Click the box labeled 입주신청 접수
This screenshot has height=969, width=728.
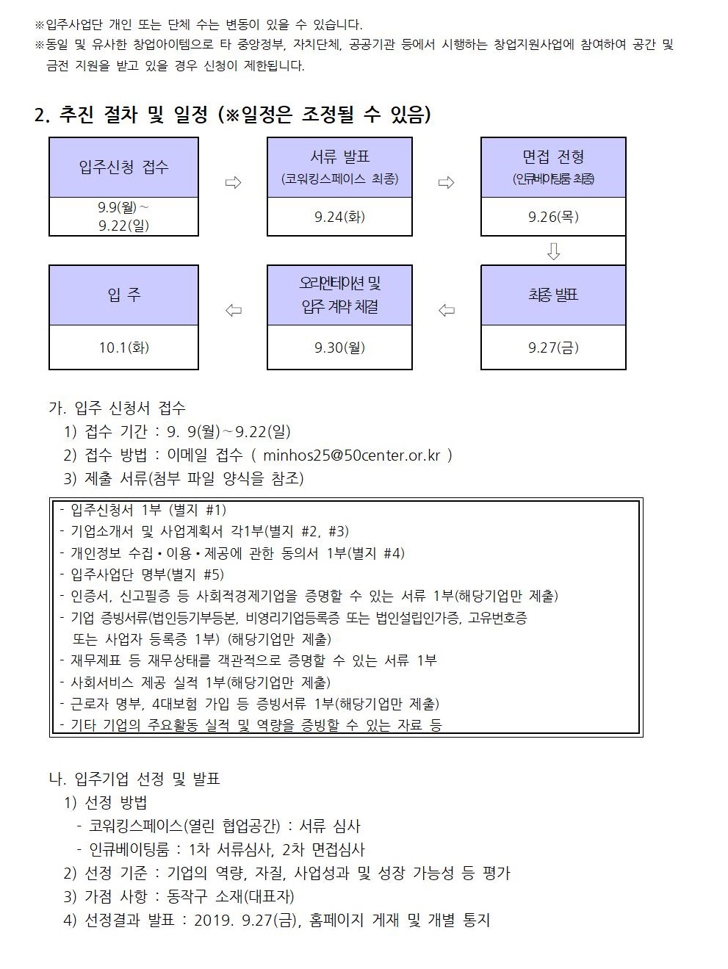[123, 167]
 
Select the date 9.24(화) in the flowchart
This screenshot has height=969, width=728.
[339, 217]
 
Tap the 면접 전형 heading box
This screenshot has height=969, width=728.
[553, 167]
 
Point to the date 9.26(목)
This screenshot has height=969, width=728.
[553, 217]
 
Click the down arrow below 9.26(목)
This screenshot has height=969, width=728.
[553, 251]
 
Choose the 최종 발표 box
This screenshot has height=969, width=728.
[553, 295]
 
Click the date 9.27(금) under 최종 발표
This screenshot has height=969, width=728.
[553, 347]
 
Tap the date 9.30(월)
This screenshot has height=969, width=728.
[339, 347]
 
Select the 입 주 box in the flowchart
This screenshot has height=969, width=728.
[123, 295]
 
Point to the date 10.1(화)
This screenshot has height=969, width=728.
[123, 347]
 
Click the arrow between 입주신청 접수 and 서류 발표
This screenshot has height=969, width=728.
[233, 182]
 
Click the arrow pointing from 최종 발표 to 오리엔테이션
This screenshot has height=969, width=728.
[447, 310]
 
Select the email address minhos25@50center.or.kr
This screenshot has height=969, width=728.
[351, 455]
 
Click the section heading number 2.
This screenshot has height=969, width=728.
[42, 115]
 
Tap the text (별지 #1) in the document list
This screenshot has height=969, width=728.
[198, 510]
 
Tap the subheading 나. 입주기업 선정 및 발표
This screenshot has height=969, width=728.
[134, 779]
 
